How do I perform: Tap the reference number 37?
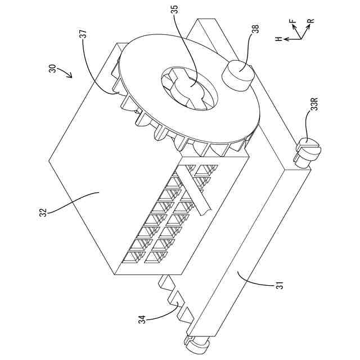pyautogui.click(x=83, y=35)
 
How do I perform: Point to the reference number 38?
pyautogui.click(x=255, y=29)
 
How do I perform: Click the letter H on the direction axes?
pyautogui.click(x=278, y=39)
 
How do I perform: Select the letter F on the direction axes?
pyautogui.click(x=292, y=22)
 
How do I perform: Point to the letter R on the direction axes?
pyautogui.click(x=310, y=22)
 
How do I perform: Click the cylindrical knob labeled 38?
pyautogui.click(x=238, y=76)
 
